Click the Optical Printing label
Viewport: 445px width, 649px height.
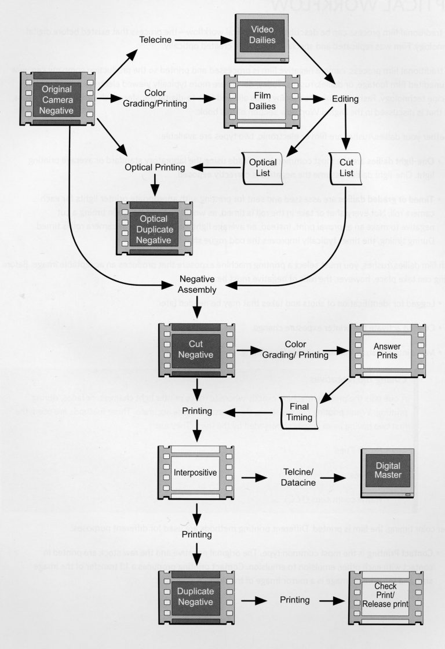pos(156,167)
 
